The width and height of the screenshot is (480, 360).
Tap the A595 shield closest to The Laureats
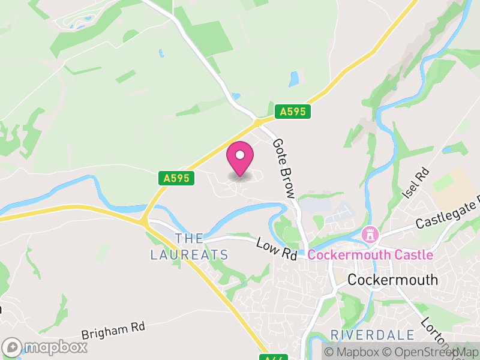click(x=176, y=178)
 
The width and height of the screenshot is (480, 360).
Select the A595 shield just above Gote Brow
click(x=292, y=111)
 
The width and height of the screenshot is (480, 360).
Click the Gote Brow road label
click(x=283, y=168)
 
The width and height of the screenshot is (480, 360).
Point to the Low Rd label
click(x=277, y=249)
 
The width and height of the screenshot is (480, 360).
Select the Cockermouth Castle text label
click(x=370, y=255)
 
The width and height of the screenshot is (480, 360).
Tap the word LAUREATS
click(x=190, y=255)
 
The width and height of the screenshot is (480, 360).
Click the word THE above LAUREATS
click(x=190, y=238)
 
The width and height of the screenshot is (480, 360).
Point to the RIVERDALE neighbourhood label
click(x=373, y=335)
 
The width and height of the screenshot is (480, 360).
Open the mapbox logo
click(x=45, y=347)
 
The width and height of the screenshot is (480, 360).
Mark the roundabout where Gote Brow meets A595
click(x=258, y=122)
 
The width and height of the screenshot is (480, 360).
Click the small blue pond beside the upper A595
click(x=293, y=79)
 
